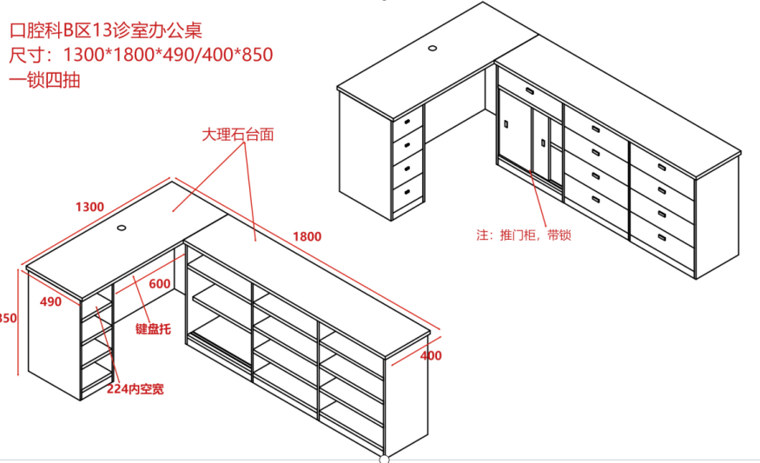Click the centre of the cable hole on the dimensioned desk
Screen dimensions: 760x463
pos(122,228)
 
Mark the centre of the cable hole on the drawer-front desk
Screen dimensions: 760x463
pos(433,48)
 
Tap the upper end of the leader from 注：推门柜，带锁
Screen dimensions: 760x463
pos(530,170)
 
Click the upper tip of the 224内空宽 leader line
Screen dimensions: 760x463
pos(97,307)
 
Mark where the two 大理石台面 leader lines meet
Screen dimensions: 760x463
pos(243,143)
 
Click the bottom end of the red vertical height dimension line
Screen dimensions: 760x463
pos(18,374)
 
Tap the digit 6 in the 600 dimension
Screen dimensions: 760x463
pos(152,283)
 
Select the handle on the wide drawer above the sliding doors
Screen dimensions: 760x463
pos(530,90)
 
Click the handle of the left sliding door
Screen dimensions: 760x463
pos(506,124)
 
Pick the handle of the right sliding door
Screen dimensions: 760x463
pos(544,143)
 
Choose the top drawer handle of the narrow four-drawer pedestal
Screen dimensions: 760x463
pos(407,122)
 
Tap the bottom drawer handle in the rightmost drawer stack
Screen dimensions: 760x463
pos(662,237)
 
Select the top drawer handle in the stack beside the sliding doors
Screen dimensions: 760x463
pos(596,129)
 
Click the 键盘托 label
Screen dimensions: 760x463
pos(153,328)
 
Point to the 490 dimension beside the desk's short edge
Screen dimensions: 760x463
pos(50,301)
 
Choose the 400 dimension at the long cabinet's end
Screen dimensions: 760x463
pos(431,355)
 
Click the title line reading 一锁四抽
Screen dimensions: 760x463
pos(44,80)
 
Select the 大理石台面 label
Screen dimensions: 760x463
pos(238,135)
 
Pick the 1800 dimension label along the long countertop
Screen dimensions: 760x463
pos(307,236)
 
